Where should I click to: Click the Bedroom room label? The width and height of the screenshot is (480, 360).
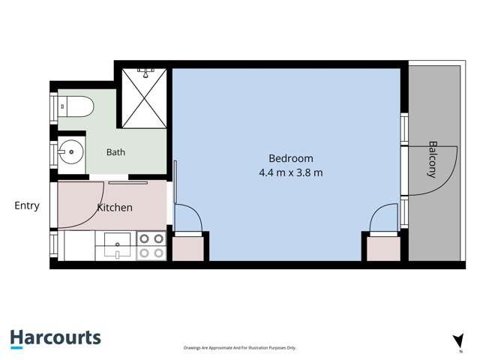point(291,158)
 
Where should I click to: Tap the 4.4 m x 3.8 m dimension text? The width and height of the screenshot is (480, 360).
point(291,172)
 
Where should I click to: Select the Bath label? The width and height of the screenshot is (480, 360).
point(115,152)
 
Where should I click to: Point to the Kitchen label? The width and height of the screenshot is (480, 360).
point(115,208)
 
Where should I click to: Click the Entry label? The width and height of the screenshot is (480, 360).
point(27,205)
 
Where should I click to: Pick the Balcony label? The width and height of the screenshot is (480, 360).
point(432,159)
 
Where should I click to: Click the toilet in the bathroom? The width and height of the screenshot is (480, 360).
point(76,106)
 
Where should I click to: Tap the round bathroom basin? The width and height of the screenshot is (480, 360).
point(71,152)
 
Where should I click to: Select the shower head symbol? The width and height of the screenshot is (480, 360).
point(146,73)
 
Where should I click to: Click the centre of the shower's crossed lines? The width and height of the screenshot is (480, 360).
point(144,98)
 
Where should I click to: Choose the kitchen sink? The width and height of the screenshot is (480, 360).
point(118,244)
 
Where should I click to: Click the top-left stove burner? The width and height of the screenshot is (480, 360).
point(145,238)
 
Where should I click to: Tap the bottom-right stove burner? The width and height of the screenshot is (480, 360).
point(158,253)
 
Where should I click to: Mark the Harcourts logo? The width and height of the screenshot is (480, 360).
point(55,339)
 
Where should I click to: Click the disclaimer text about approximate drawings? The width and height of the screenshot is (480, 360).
point(240,348)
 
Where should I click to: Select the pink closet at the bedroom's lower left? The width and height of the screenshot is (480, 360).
point(188,248)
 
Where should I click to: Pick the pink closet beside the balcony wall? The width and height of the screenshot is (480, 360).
point(383,248)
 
